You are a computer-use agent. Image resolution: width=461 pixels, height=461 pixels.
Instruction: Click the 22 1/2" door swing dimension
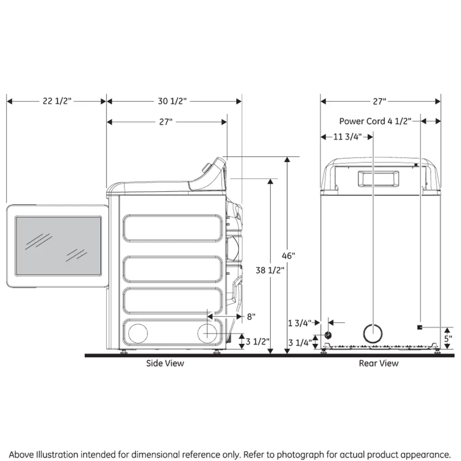coord(57,101)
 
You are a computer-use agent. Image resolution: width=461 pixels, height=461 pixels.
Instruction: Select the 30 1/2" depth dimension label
coord(172,101)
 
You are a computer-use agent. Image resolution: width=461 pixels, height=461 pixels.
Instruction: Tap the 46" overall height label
coord(289,256)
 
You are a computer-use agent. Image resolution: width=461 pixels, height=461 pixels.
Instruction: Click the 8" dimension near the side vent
coord(250,316)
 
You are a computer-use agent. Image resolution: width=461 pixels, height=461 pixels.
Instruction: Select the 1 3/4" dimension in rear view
coord(299,322)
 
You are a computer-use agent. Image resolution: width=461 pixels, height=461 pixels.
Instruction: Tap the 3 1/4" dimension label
coord(299,343)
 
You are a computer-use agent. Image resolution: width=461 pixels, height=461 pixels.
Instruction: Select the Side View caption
coord(165,363)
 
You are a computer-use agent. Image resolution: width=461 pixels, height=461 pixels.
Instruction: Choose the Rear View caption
coord(379,363)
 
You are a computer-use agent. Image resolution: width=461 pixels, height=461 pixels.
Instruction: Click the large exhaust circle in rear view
coord(374,334)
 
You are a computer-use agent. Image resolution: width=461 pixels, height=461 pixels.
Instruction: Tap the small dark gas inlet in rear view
coord(328,335)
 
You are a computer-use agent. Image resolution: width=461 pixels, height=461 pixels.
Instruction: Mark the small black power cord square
coord(420,326)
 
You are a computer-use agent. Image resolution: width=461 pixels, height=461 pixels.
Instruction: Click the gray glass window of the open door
coord(58,245)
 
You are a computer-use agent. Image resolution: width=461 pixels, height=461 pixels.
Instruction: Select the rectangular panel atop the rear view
coord(378,178)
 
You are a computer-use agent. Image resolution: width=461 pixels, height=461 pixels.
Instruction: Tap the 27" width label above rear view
coord(380,101)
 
